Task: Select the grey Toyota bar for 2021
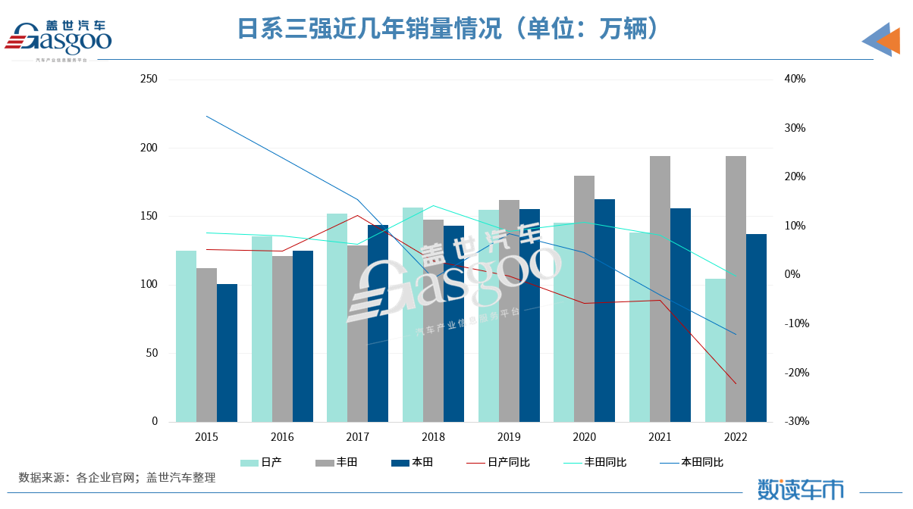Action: tap(660, 289)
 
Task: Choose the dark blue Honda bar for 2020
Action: tap(604, 310)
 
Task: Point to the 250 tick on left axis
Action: tap(149, 79)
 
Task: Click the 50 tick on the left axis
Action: tap(152, 353)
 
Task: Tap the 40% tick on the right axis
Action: tap(795, 79)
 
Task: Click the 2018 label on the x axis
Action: tap(433, 437)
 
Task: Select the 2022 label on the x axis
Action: tap(736, 437)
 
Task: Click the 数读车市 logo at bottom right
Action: tap(800, 489)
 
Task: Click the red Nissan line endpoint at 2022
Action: tap(736, 383)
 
